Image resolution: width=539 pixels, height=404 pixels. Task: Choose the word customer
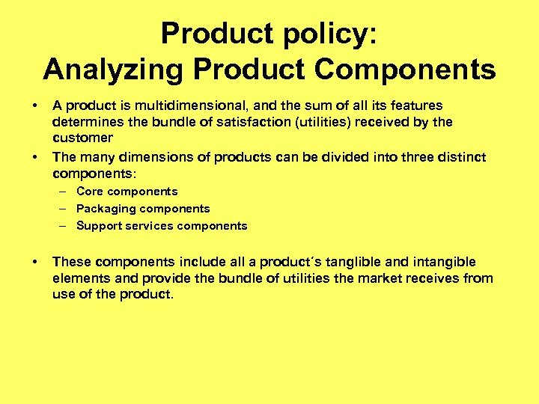coord(82,138)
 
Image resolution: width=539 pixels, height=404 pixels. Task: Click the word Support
coord(100,226)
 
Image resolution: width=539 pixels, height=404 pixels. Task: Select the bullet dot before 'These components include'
coord(35,262)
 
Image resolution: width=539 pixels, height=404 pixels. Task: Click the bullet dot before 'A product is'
coord(35,105)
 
